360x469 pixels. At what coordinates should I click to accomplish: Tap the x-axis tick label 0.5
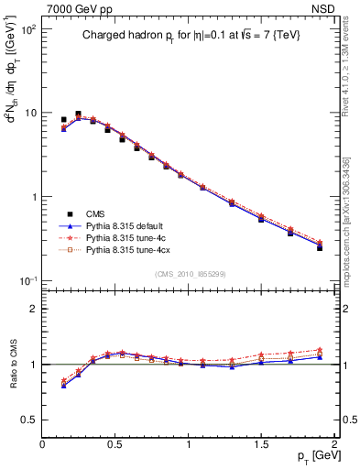pyautogui.click(x=115, y=443)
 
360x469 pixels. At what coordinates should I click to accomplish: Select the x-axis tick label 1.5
pyautogui.click(x=262, y=443)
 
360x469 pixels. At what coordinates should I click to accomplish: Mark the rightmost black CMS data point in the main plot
pyautogui.click(x=320, y=247)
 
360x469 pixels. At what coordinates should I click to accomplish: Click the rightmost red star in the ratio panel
pyautogui.click(x=320, y=349)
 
